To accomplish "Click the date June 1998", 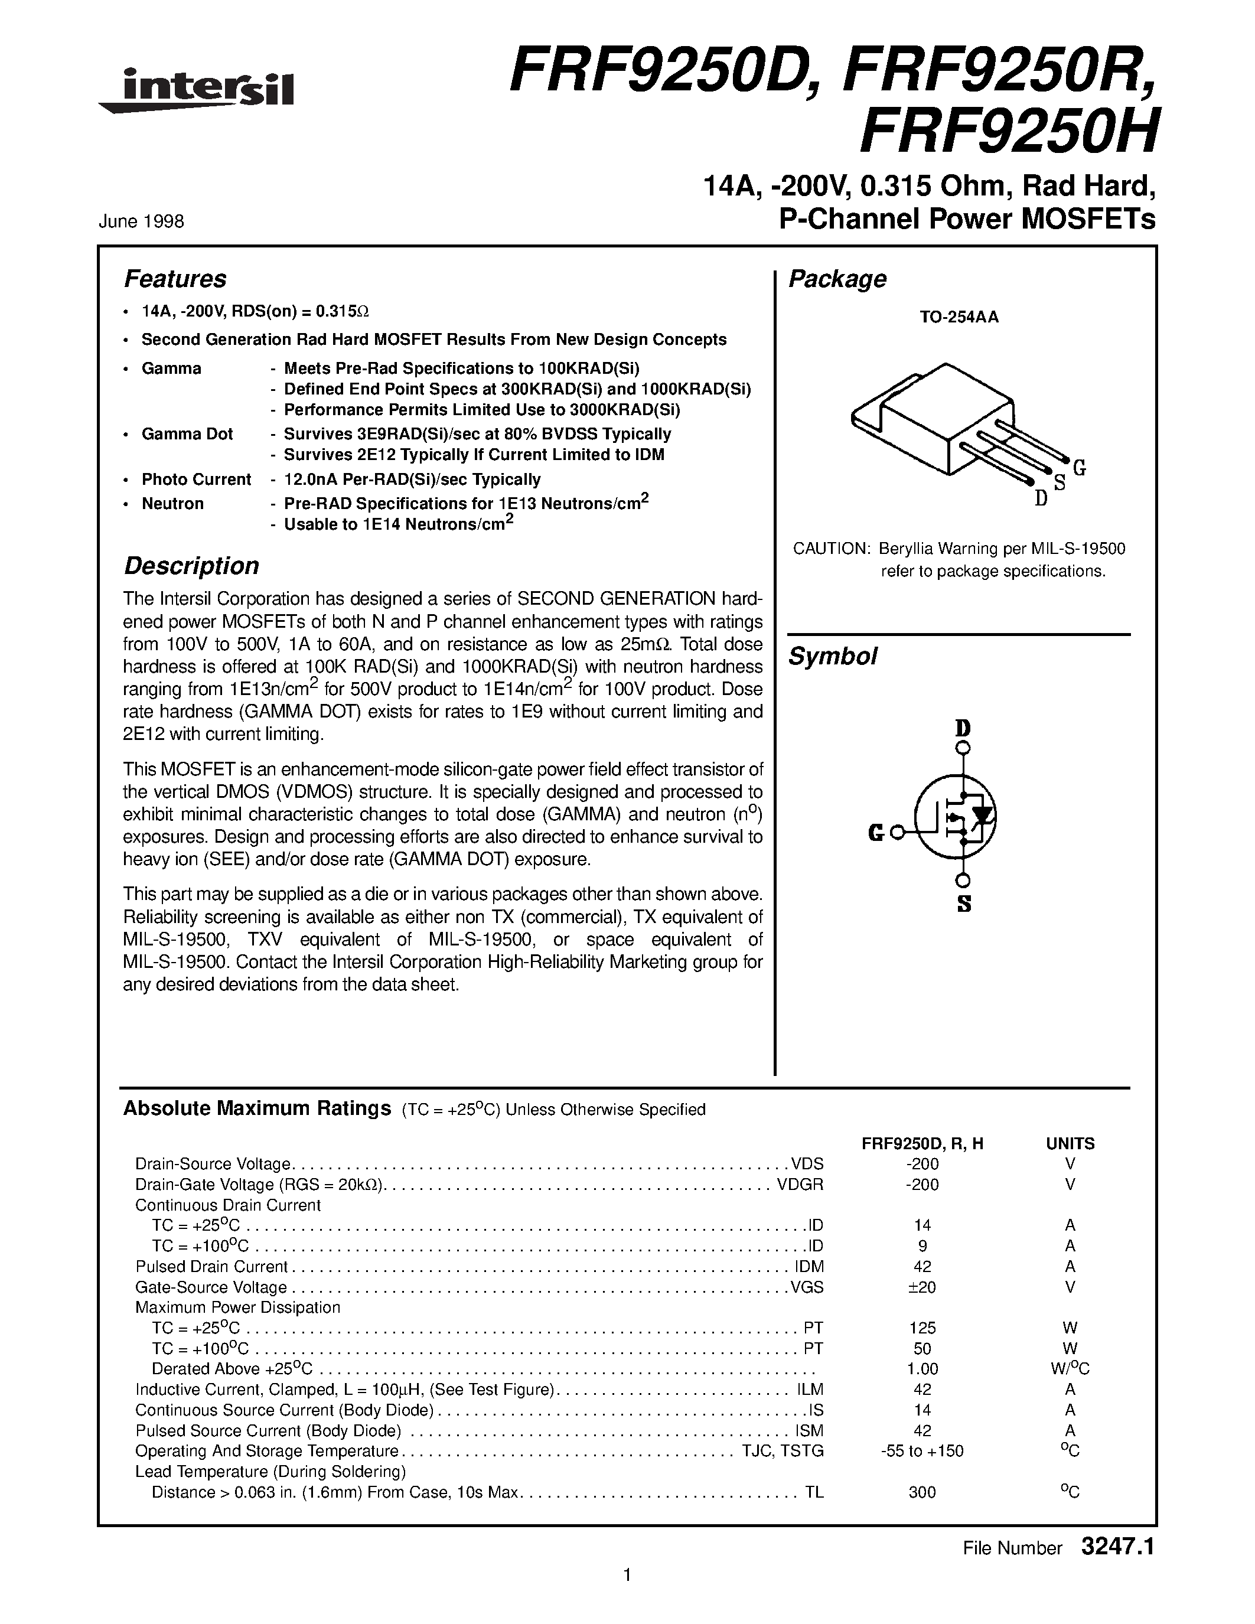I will [x=141, y=221].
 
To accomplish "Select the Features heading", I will [x=175, y=279].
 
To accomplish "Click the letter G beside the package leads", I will [x=1080, y=468].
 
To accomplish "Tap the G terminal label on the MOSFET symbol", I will [x=876, y=834].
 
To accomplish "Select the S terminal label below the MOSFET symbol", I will [x=964, y=905].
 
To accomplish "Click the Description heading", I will [x=191, y=566].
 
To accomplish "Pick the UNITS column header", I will [x=1070, y=1144].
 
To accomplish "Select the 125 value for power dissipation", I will [x=921, y=1328].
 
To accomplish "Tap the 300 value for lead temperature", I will [x=921, y=1492].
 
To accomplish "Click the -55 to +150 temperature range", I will [x=921, y=1451].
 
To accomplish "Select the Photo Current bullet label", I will [x=195, y=480].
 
